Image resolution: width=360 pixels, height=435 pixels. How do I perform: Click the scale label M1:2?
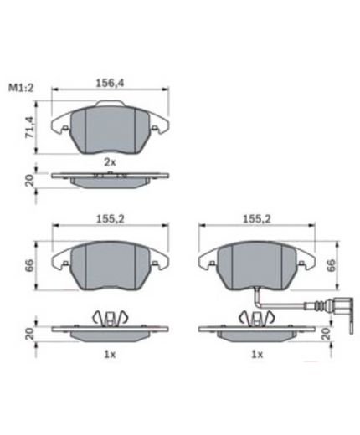[x=21, y=88]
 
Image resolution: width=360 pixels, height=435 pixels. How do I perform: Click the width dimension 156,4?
[x=110, y=83]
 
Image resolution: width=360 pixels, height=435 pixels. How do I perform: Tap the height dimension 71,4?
[x=29, y=127]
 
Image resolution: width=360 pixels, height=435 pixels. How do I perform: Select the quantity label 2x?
[x=110, y=162]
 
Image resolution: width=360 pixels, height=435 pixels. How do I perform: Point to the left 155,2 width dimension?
[x=111, y=219]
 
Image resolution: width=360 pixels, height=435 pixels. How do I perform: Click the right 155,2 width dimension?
[x=257, y=219]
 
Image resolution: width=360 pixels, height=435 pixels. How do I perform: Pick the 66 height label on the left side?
[x=29, y=266]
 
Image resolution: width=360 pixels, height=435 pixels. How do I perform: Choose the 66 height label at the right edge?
[x=331, y=266]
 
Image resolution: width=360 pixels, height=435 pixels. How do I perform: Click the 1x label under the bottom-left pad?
[x=110, y=355]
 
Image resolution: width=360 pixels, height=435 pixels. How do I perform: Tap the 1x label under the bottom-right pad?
[x=257, y=355]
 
